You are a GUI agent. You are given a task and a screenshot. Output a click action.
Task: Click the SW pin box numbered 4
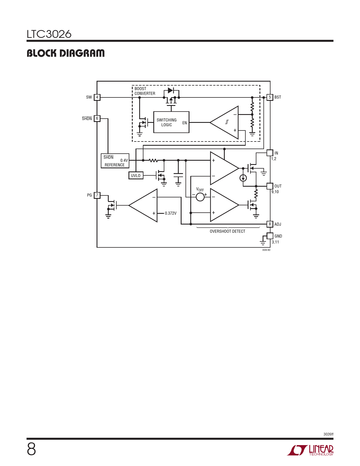pos(97,97)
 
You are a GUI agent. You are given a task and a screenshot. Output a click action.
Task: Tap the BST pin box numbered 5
pos(270,97)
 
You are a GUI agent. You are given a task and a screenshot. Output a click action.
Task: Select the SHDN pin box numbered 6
pos(97,118)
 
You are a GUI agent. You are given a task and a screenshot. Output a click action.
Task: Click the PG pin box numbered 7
pos(97,195)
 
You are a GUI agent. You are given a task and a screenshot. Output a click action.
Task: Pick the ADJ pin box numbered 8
pos(270,224)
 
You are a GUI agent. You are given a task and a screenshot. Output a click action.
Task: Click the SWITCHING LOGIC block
pos(171,122)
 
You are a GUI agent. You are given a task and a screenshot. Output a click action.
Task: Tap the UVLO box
pos(136,175)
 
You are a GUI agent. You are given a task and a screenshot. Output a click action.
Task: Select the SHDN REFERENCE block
pos(115,161)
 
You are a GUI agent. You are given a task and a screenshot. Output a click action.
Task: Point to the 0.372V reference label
pos(171,214)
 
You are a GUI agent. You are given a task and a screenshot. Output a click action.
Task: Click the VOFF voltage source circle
pos(200,197)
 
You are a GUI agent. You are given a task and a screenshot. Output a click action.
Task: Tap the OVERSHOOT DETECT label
pos(227,231)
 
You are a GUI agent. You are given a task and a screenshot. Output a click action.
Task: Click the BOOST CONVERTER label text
pos(145,91)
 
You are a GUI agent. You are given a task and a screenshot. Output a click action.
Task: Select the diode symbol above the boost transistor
pos(171,90)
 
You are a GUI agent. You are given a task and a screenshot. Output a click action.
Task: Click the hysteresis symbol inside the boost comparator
pos(227,122)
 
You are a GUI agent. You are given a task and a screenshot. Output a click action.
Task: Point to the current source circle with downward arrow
pos(243,178)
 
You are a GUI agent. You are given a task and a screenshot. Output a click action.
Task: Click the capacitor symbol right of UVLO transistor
pos(178,175)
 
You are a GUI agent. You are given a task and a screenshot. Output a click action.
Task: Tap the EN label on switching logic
pos(185,123)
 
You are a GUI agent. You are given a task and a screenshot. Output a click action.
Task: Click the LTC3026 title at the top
pos(49,34)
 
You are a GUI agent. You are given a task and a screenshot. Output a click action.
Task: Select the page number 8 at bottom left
pos(31,449)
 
